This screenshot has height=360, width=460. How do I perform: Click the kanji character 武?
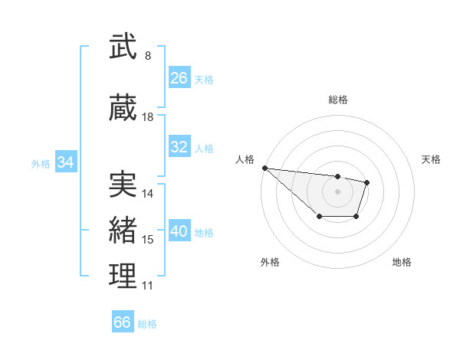pyautogui.click(x=123, y=47)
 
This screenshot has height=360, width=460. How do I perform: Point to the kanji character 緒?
pyautogui.click(x=123, y=231)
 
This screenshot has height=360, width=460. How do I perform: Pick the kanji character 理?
pyautogui.click(x=123, y=277)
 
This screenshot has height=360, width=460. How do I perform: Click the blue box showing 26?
pyautogui.click(x=179, y=78)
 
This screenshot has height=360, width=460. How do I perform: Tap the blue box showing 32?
pyautogui.click(x=179, y=147)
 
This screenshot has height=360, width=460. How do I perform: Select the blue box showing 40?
pyautogui.click(x=179, y=231)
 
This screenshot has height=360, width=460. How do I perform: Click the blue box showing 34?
pyautogui.click(x=65, y=162)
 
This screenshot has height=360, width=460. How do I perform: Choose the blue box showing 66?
pyautogui.click(x=123, y=322)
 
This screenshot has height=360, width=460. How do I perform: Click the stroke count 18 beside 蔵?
pyautogui.click(x=148, y=117)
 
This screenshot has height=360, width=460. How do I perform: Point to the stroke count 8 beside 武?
pyautogui.click(x=148, y=56)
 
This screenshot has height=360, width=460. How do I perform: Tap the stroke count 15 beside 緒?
pyautogui.click(x=148, y=240)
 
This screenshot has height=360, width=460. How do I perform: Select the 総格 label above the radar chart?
pyautogui.click(x=337, y=100)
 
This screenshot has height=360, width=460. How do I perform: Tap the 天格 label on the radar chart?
pyautogui.click(x=431, y=159)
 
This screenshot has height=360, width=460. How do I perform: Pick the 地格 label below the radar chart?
pyautogui.click(x=402, y=262)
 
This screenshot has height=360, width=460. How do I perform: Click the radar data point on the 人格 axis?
pyautogui.click(x=264, y=168)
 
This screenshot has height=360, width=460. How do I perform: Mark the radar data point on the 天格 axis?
pyautogui.click(x=367, y=182)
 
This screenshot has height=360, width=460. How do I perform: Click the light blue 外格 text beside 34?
pyautogui.click(x=41, y=163)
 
